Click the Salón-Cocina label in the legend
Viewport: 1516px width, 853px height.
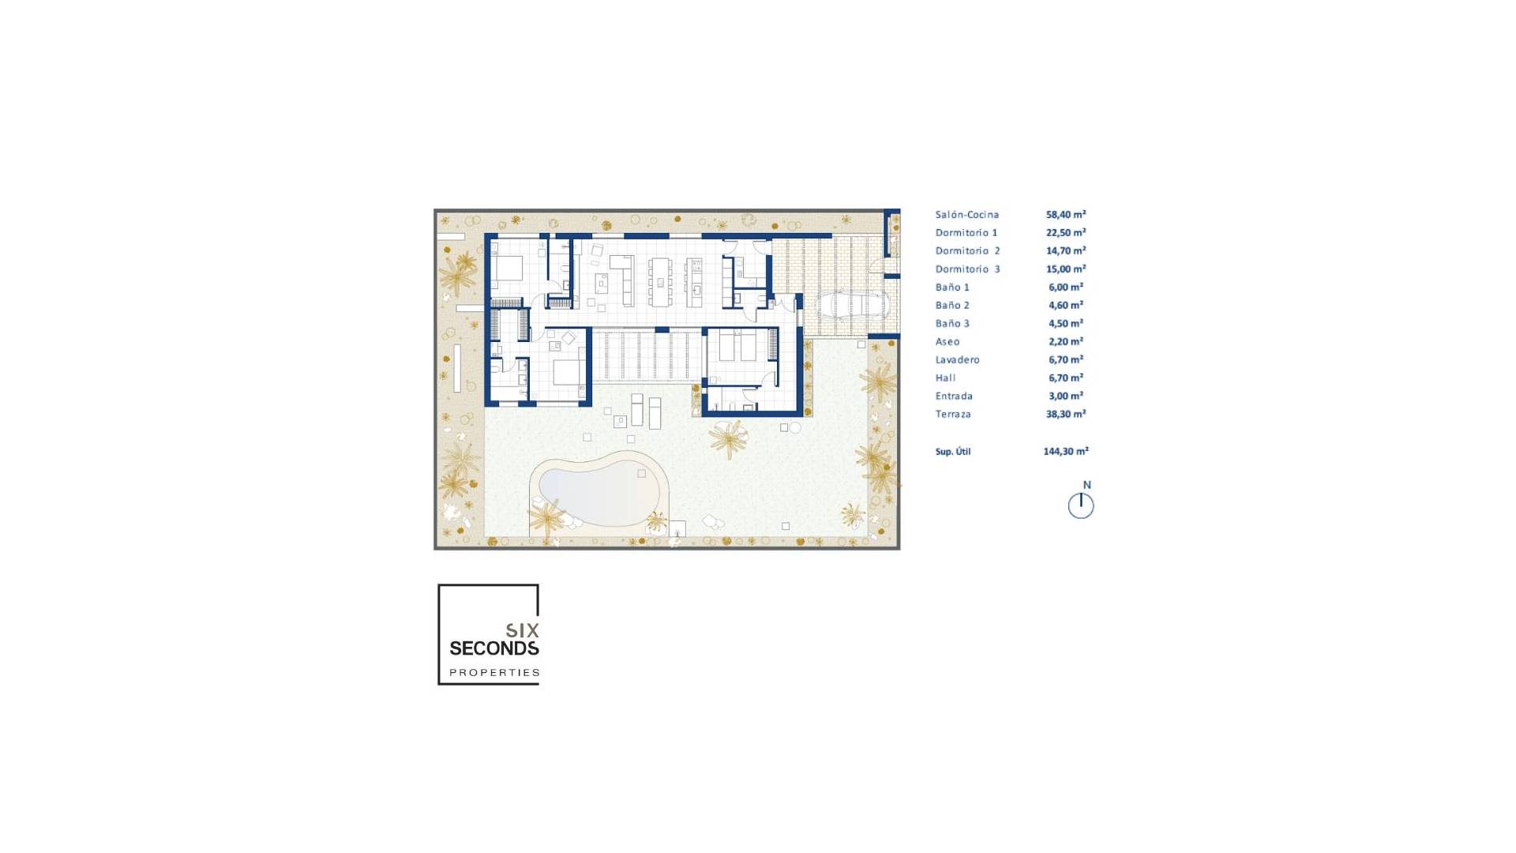click(x=966, y=215)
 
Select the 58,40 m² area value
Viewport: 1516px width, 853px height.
click(x=1065, y=215)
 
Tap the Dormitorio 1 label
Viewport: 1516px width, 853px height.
click(x=966, y=233)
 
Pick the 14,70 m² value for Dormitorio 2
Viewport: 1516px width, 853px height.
click(x=1065, y=251)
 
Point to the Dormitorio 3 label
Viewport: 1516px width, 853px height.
click(x=967, y=269)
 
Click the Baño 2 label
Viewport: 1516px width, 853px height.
click(x=952, y=306)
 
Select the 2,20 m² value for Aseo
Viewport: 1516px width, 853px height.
click(x=1065, y=342)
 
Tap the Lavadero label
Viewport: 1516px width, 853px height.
click(x=957, y=360)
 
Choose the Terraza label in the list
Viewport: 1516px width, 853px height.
click(x=953, y=415)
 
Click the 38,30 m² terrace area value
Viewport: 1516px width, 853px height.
click(x=1065, y=415)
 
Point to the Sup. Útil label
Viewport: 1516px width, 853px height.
click(x=953, y=452)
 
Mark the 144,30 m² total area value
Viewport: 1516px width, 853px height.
click(x=1065, y=452)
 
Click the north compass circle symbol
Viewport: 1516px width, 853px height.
click(x=1081, y=505)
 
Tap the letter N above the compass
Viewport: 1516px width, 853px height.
click(x=1086, y=485)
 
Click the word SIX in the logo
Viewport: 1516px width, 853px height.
click(x=522, y=630)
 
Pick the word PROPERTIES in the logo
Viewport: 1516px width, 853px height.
click(x=494, y=673)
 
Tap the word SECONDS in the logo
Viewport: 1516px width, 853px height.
click(x=494, y=648)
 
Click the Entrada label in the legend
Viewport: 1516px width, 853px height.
click(x=954, y=396)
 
